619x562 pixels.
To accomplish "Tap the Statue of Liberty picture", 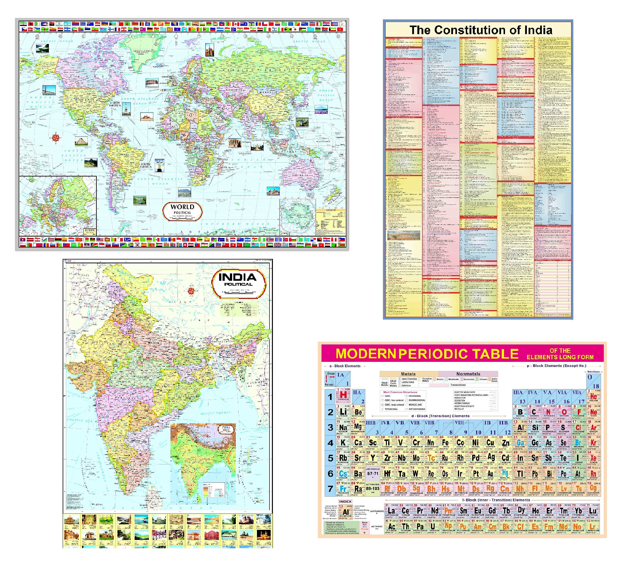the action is tap(126, 109).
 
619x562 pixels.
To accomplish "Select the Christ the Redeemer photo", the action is tap(160, 166).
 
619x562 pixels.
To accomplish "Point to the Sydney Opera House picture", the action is tap(273, 191).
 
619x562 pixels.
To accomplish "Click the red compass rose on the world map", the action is tap(56, 137).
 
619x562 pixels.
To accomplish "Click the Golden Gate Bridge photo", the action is tap(49, 90).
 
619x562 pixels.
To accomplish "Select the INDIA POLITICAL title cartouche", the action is tap(239, 283).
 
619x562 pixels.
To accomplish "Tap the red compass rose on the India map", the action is tap(191, 291).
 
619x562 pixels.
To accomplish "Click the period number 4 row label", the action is tap(330, 443).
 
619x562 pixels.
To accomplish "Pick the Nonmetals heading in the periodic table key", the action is tap(468, 374).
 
